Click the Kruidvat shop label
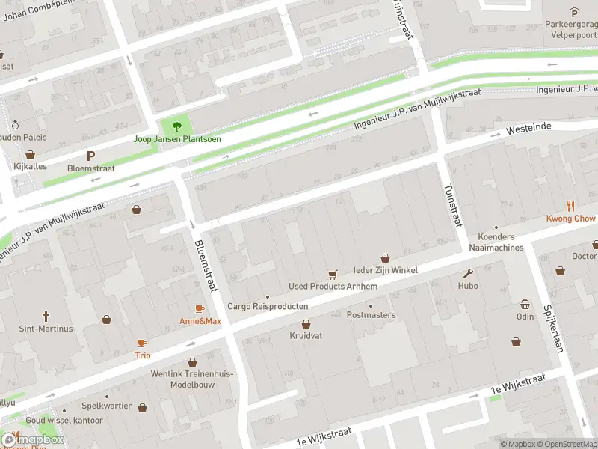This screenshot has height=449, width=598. click(x=306, y=336)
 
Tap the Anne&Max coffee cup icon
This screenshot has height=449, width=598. click(x=200, y=308)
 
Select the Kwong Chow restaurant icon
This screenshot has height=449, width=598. click(x=570, y=205)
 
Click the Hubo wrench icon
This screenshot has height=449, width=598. click(x=469, y=273)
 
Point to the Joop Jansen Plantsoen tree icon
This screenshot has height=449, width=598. click(x=176, y=126)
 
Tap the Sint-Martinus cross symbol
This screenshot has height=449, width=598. click(x=46, y=316)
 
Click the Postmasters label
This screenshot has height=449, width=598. click(x=371, y=315)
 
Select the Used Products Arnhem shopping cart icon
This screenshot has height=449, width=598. click(x=333, y=274)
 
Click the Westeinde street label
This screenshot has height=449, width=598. click(x=528, y=128)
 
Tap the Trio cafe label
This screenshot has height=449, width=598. click(x=142, y=355)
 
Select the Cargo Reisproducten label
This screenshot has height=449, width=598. click(x=268, y=307)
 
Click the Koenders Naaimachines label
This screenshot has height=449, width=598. click(x=496, y=242)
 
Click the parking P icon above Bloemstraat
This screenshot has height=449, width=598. click(x=91, y=156)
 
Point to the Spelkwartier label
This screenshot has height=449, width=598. click(x=106, y=406)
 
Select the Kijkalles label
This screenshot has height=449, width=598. click(x=31, y=165)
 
